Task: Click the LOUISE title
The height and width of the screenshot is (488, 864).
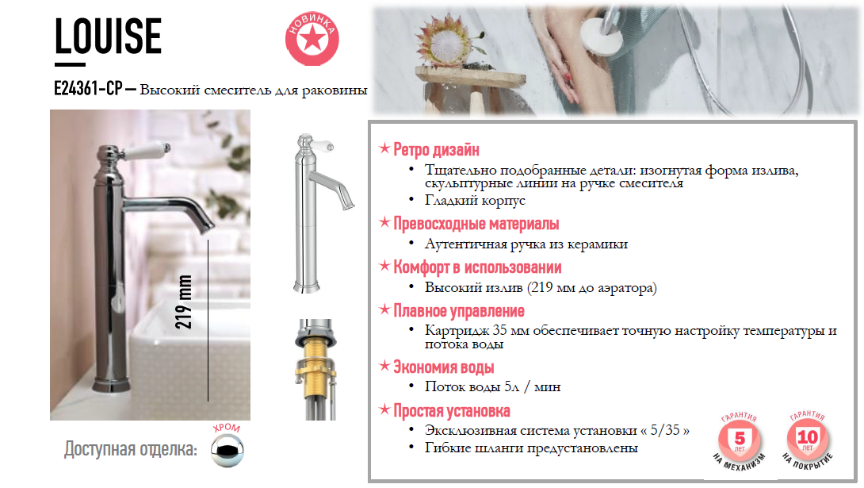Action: (x=108, y=36)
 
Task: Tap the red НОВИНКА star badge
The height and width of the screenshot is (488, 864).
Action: (x=312, y=39)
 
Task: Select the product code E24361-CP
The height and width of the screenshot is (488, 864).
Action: (x=88, y=88)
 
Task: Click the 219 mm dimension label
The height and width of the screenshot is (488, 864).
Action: (x=183, y=302)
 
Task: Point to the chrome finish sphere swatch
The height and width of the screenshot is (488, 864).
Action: (x=227, y=450)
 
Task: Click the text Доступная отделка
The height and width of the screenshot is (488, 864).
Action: (x=131, y=449)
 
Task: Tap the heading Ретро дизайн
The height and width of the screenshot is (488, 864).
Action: (x=436, y=149)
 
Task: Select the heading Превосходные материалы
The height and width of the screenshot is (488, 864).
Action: (x=476, y=223)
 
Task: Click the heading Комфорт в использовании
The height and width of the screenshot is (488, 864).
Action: (x=477, y=267)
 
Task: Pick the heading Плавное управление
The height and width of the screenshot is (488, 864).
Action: (x=458, y=311)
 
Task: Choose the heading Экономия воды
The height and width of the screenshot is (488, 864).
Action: (x=444, y=367)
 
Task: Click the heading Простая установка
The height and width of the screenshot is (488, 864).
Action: (x=451, y=411)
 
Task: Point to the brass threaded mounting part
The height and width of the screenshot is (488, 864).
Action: (x=315, y=367)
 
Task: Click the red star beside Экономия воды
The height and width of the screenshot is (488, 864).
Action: (x=384, y=366)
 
